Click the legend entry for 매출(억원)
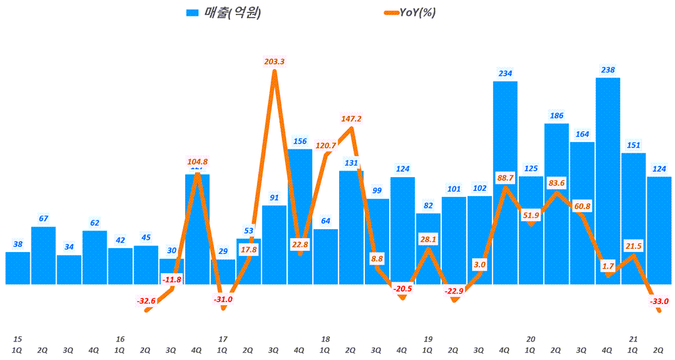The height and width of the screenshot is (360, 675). pyautogui.click(x=224, y=13)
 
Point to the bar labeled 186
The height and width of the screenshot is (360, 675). pyautogui.click(x=556, y=204)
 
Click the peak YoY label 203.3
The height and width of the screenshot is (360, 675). pyautogui.click(x=274, y=61)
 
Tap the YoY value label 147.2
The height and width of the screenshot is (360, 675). pyautogui.click(x=351, y=118)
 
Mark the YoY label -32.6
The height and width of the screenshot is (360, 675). pyautogui.click(x=146, y=301)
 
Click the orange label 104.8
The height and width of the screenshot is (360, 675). pyautogui.click(x=197, y=161)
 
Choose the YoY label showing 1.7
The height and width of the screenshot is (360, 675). pyautogui.click(x=608, y=266)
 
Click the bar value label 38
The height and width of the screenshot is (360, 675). pyautogui.click(x=18, y=244)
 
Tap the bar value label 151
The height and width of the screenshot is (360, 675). pyautogui.click(x=634, y=145)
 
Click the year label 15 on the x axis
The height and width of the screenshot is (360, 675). pyautogui.click(x=17, y=339)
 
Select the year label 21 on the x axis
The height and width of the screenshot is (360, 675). pyautogui.click(x=633, y=339)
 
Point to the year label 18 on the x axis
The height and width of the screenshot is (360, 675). pyautogui.click(x=325, y=339)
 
